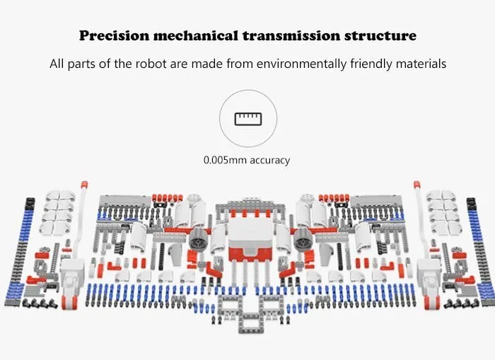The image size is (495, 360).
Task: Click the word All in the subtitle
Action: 57,64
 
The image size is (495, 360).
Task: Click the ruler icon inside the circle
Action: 247,117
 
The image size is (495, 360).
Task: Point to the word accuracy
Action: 269,160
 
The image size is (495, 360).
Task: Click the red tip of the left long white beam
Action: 84,185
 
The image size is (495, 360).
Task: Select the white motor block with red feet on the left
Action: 71,283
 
